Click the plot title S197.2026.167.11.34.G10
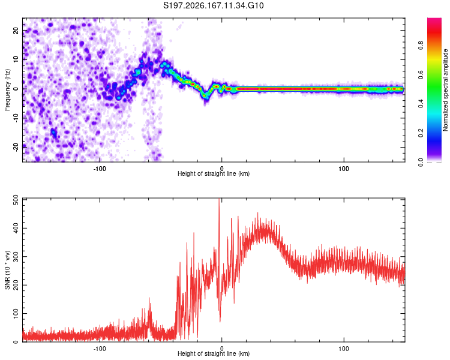213,5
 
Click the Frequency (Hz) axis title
7,90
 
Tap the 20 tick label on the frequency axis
16,31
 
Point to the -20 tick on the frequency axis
16,147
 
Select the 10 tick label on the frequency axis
16,59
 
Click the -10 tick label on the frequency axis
16,118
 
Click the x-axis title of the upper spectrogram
214,173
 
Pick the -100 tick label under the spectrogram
100,169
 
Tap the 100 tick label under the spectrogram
344,169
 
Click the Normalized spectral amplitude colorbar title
445,90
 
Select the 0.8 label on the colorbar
421,46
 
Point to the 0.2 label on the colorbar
421,133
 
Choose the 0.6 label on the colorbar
421,74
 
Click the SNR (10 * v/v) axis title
7,270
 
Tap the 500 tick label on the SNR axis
16,200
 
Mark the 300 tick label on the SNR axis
16,257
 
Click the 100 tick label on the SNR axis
16,313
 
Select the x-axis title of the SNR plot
214,353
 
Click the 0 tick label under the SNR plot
221,349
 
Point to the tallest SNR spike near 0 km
219,199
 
